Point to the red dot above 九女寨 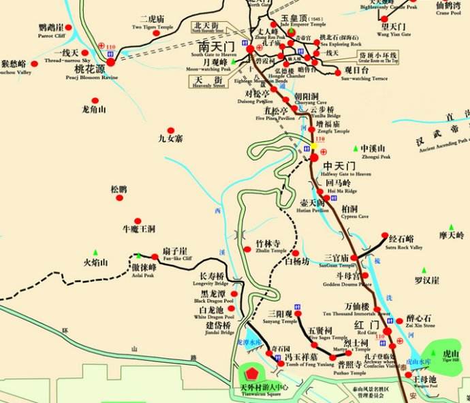point(171,129)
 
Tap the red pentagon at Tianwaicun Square point(253,374)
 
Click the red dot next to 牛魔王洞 point(137,221)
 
